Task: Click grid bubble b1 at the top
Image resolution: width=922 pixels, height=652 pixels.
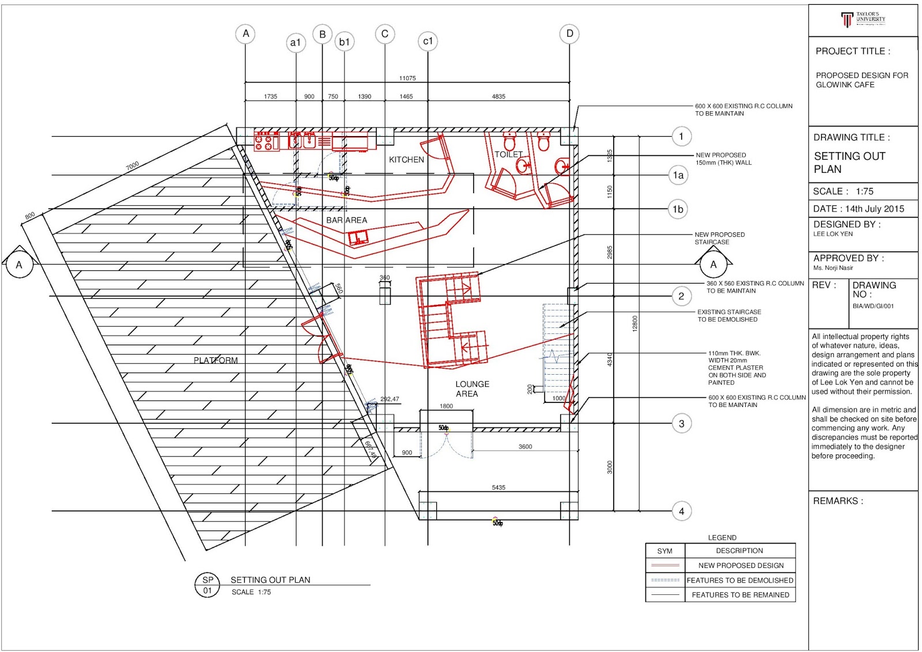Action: point(345,42)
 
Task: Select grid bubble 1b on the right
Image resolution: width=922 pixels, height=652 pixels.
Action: point(678,209)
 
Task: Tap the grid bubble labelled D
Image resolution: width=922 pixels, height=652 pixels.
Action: point(569,33)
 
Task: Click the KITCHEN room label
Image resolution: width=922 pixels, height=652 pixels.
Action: point(406,160)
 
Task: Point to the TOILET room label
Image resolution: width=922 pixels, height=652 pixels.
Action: point(508,154)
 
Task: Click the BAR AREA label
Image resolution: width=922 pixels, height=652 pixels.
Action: point(346,220)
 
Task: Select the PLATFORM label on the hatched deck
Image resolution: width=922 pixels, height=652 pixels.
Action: point(216,360)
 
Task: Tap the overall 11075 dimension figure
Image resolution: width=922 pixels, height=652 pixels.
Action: point(407,78)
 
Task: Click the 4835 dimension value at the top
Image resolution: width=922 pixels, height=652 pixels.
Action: point(498,97)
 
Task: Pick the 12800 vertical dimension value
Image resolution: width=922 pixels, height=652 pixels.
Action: point(635,323)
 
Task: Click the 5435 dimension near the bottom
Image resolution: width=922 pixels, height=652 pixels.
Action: point(498,488)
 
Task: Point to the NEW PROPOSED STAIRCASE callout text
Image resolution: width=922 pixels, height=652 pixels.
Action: point(719,238)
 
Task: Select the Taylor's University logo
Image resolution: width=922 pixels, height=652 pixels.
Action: point(863,19)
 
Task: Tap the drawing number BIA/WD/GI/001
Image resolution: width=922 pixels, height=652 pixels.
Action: point(873,306)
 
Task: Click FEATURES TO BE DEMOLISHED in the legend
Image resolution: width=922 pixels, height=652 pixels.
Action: point(740,581)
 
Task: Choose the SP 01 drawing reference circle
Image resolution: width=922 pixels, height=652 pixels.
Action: point(207,585)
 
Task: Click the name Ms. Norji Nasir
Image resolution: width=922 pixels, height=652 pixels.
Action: point(833,268)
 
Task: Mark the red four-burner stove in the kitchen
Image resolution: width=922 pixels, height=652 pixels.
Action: point(266,141)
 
